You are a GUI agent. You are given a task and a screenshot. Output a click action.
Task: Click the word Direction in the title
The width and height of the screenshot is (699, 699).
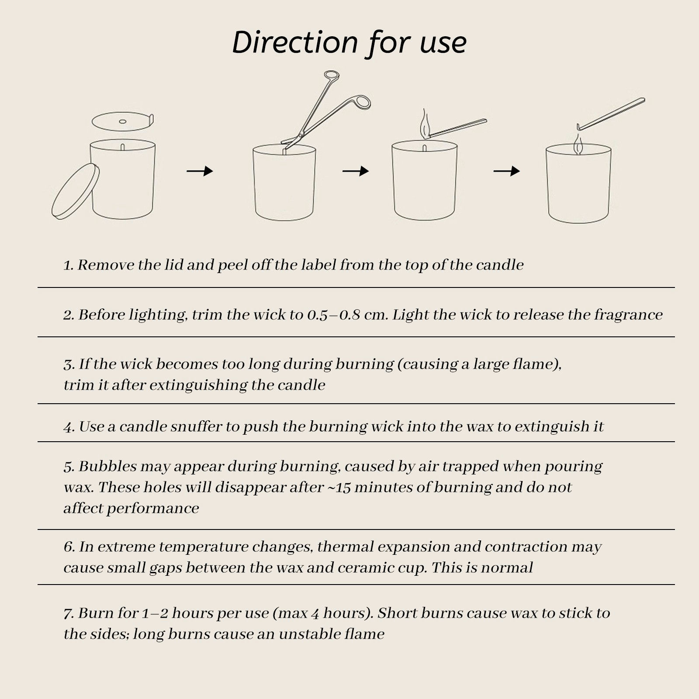(295, 42)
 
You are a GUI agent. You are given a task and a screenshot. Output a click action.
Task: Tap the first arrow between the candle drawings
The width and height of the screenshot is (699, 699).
(200, 171)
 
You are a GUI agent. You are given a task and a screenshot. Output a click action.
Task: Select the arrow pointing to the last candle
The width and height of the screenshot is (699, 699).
(507, 171)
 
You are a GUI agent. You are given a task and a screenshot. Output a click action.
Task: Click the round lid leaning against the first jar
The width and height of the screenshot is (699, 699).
(75, 191)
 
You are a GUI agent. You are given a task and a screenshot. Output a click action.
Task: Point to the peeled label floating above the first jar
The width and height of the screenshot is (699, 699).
(123, 121)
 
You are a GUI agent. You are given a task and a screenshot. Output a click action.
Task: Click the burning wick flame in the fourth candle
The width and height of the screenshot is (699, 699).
(578, 144)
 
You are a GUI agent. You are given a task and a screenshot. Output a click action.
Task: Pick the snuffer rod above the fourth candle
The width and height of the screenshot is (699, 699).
(611, 114)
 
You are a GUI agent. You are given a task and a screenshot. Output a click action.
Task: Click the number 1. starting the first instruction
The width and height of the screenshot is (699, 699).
(69, 265)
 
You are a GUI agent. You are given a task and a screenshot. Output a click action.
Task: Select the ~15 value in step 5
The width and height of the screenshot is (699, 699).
(339, 488)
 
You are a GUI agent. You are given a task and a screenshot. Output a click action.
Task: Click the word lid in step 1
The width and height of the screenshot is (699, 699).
(175, 265)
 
